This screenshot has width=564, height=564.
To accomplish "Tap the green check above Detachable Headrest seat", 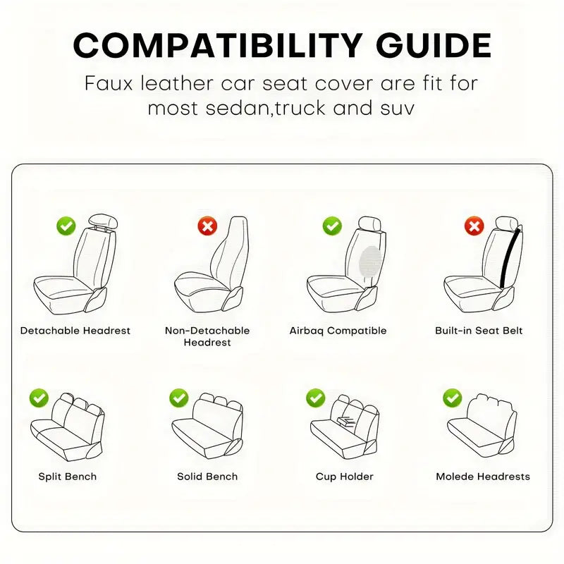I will pyautogui.click(x=66, y=226).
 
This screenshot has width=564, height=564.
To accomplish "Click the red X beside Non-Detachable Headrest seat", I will pyautogui.click(x=207, y=226).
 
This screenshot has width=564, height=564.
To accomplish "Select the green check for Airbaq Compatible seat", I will pyautogui.click(x=332, y=226).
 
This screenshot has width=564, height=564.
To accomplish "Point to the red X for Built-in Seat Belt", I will pyautogui.click(x=474, y=226).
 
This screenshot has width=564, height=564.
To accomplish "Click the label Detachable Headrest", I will pyautogui.click(x=75, y=331).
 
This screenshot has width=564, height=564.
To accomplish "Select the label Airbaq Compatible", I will pyautogui.click(x=338, y=331).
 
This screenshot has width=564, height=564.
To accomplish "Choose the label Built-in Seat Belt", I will pyautogui.click(x=479, y=331).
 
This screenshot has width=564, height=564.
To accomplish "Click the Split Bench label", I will pyautogui.click(x=67, y=477).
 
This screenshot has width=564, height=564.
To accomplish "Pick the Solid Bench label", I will pyautogui.click(x=207, y=477).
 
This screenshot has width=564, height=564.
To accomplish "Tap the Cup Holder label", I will pyautogui.click(x=344, y=477).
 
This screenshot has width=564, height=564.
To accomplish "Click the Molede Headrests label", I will pyautogui.click(x=482, y=477).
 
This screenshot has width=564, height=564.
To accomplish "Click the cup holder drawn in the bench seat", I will pyautogui.click(x=346, y=422).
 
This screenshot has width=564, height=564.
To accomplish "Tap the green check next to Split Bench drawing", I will pyautogui.click(x=39, y=398).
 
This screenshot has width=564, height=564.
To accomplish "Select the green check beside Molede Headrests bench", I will pyautogui.click(x=452, y=398).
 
